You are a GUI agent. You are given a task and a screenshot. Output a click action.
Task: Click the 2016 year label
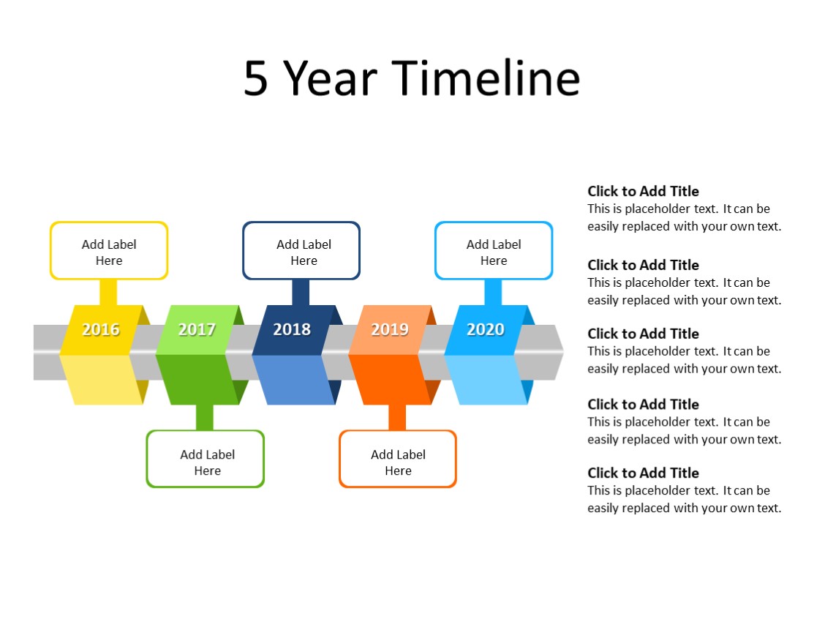101,330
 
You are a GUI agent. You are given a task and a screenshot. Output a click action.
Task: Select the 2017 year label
197,330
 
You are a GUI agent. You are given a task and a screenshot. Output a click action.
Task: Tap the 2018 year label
292,330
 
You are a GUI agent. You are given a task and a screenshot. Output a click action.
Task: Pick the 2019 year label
389,330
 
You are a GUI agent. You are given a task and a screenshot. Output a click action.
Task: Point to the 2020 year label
486,330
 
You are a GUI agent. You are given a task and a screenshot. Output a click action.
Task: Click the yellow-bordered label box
109,251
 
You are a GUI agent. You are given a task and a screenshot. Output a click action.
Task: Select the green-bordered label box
206,459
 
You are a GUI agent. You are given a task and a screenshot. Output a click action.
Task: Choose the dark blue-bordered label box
301,251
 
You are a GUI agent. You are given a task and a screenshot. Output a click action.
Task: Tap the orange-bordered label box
398,459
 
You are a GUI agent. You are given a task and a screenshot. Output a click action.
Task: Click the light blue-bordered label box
494,251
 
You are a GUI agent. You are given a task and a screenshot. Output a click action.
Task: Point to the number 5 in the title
256,79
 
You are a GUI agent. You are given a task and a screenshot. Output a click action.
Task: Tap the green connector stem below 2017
205,417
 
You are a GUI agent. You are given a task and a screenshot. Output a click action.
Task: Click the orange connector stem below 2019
397,417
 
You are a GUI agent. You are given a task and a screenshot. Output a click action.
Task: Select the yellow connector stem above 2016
108,292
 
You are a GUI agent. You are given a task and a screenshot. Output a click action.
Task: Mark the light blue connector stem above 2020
493,292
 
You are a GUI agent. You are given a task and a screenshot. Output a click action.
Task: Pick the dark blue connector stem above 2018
301,292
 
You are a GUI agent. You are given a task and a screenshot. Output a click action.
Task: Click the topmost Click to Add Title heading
643,192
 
